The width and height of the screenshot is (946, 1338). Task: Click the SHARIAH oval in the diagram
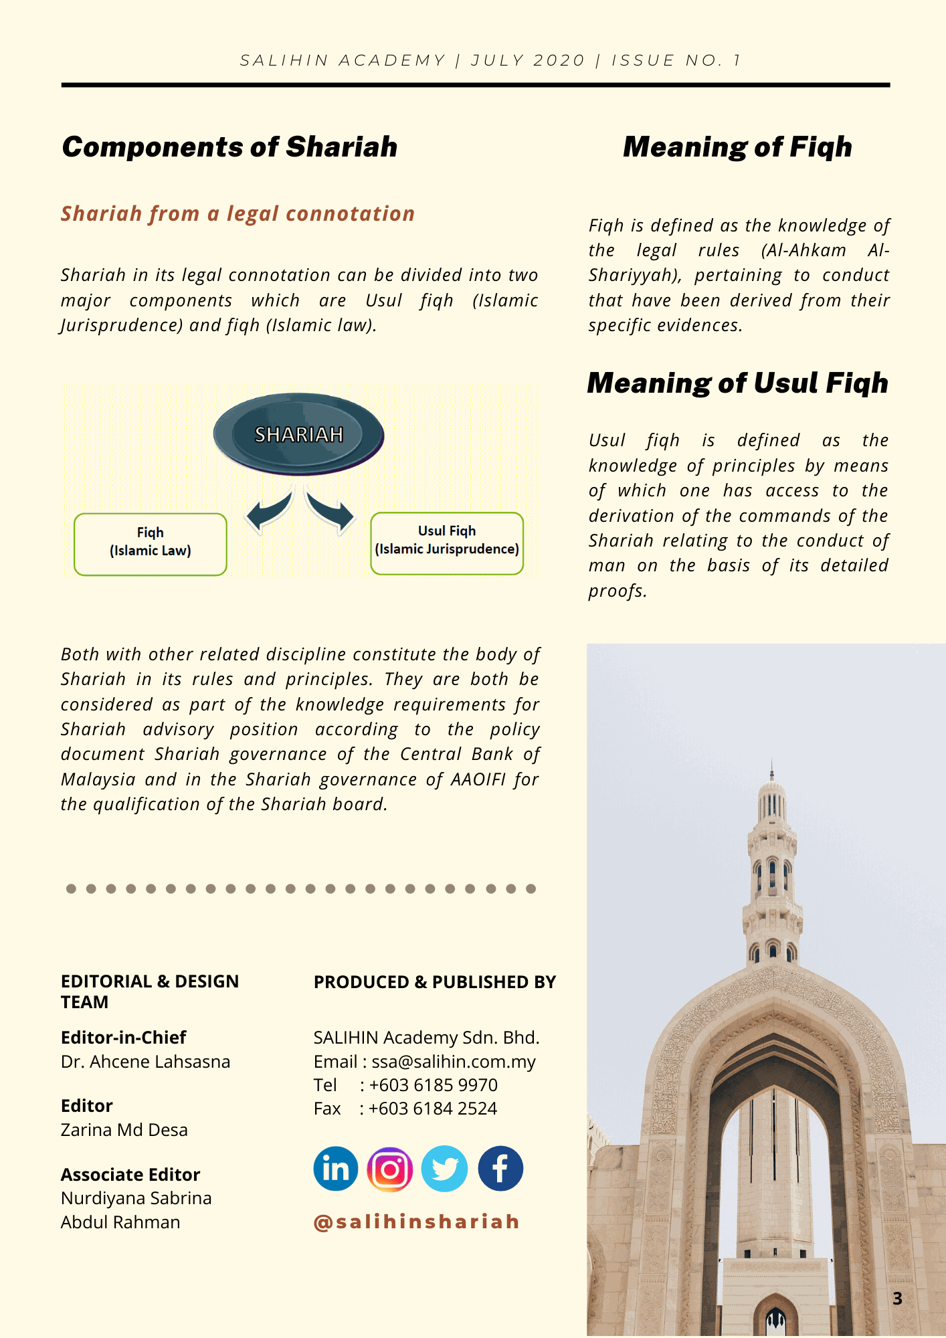pyautogui.click(x=298, y=434)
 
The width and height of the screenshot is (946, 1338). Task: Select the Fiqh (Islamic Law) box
pyautogui.click(x=151, y=544)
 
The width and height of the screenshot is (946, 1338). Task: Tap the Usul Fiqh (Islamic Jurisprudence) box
pyautogui.click(x=447, y=543)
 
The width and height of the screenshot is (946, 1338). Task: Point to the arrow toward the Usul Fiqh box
pyautogui.click(x=331, y=512)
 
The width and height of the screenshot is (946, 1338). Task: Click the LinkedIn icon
pyautogui.click(x=336, y=1169)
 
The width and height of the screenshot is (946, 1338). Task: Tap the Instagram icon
pyautogui.click(x=390, y=1169)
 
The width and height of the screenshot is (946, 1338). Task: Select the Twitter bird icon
pyautogui.click(x=444, y=1169)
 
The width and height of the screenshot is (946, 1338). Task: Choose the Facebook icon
pyautogui.click(x=500, y=1169)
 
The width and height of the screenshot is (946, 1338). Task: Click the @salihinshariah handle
pyautogui.click(x=417, y=1222)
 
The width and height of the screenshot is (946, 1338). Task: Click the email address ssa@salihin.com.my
pyautogui.click(x=454, y=1062)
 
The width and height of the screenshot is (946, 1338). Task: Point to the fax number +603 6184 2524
pyautogui.click(x=432, y=1109)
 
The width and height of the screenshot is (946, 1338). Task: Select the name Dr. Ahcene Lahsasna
pyautogui.click(x=145, y=1062)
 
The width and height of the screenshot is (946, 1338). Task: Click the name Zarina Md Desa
pyautogui.click(x=124, y=1130)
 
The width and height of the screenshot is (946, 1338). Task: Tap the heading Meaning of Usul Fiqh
pyautogui.click(x=737, y=383)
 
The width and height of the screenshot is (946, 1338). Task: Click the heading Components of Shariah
pyautogui.click(x=229, y=147)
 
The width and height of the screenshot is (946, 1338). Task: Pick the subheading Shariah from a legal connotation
pyautogui.click(x=238, y=214)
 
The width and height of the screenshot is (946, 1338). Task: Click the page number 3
pyautogui.click(x=897, y=1299)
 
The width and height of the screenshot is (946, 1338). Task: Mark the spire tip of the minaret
pyautogui.click(x=772, y=763)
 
